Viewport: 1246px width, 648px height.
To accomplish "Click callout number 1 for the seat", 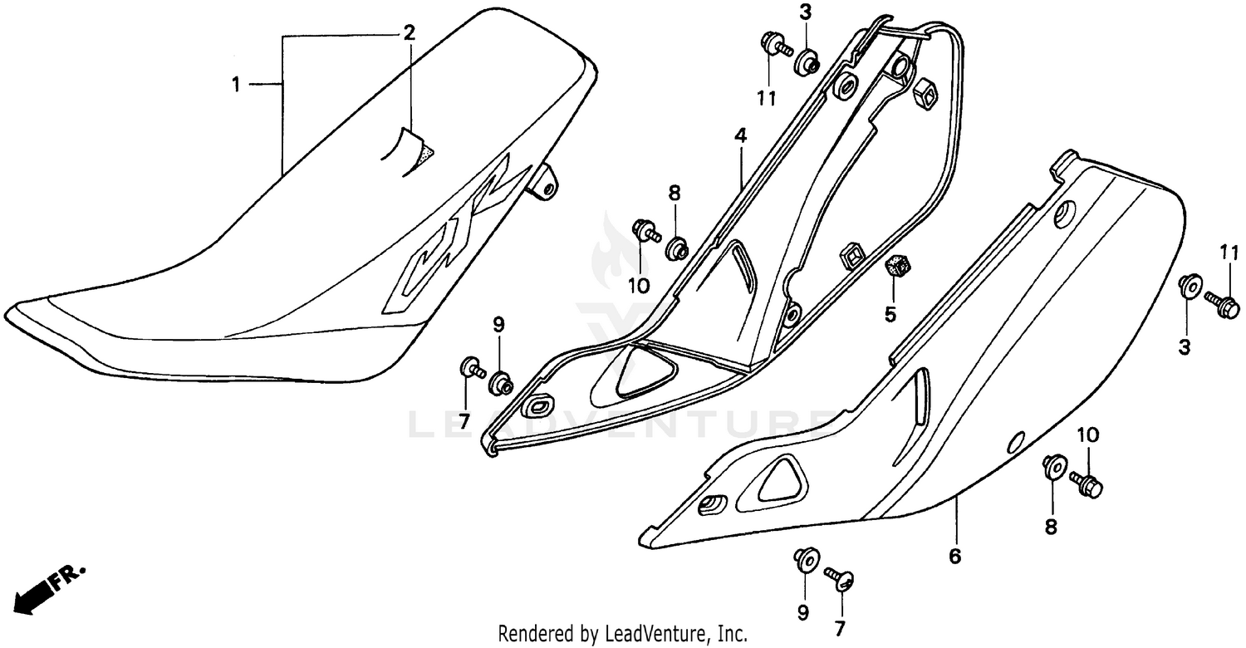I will (236, 84).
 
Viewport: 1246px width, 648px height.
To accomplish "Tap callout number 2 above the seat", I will (409, 33).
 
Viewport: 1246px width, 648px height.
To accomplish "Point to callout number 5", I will (890, 314).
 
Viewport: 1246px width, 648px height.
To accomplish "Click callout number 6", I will (954, 556).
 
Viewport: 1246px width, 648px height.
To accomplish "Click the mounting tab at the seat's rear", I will (543, 183).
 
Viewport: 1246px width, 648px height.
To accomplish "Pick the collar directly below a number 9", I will (501, 383).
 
